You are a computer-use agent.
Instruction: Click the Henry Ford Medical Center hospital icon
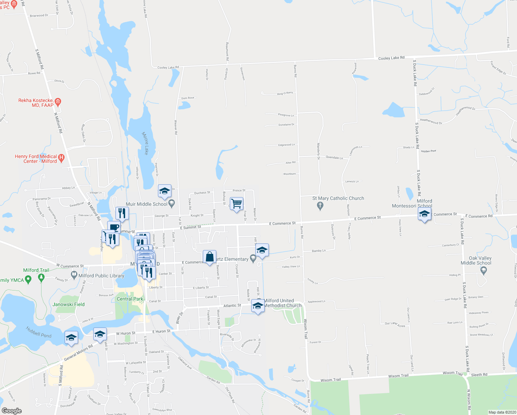[x=61, y=158]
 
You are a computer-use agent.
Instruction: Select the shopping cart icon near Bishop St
[x=236, y=204]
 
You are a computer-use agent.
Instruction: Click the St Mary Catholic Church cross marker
[x=320, y=206]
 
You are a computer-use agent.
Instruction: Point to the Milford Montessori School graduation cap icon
[x=424, y=214]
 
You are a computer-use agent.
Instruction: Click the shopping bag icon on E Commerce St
[x=209, y=257]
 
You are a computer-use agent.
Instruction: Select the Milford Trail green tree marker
[x=41, y=277]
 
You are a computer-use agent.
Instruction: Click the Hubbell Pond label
[x=39, y=332]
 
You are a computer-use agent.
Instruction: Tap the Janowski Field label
[x=68, y=304]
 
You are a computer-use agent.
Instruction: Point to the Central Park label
[x=130, y=299]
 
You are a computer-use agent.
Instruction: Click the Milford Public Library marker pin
[x=74, y=275]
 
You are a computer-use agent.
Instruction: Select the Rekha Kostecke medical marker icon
[x=58, y=102]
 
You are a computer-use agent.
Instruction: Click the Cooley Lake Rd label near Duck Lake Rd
[x=391, y=58]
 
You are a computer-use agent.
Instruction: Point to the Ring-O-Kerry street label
[x=285, y=93]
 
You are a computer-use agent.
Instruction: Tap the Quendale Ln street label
[x=334, y=157]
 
